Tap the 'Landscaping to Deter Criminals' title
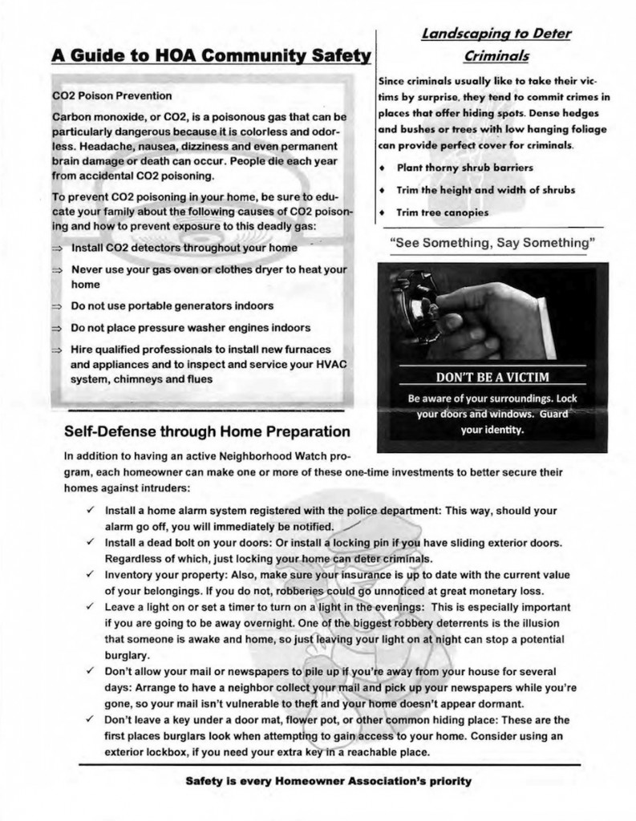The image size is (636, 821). pos(496,45)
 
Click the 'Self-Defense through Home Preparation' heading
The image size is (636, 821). pos(207,431)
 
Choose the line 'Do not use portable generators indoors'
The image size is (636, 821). pos(172,306)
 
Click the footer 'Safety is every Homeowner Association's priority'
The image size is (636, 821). pos(328,780)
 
